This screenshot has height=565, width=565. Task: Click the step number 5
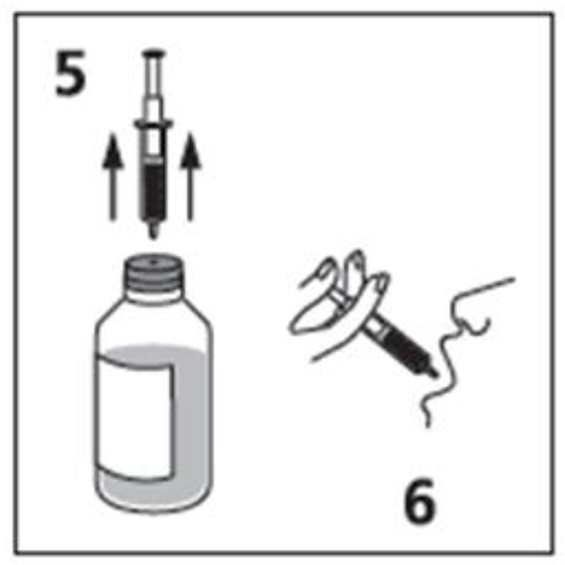(71, 73)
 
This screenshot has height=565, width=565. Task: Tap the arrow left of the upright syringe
(113, 177)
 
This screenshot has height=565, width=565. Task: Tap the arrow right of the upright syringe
(191, 177)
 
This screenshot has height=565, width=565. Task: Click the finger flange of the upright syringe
(153, 124)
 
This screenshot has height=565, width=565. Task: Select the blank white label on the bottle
(136, 418)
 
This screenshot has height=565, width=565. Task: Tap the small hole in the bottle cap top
(153, 262)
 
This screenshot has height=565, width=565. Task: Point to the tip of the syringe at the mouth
(434, 373)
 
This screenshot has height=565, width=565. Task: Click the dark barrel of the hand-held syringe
(404, 347)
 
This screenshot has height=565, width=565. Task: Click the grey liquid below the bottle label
(152, 492)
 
